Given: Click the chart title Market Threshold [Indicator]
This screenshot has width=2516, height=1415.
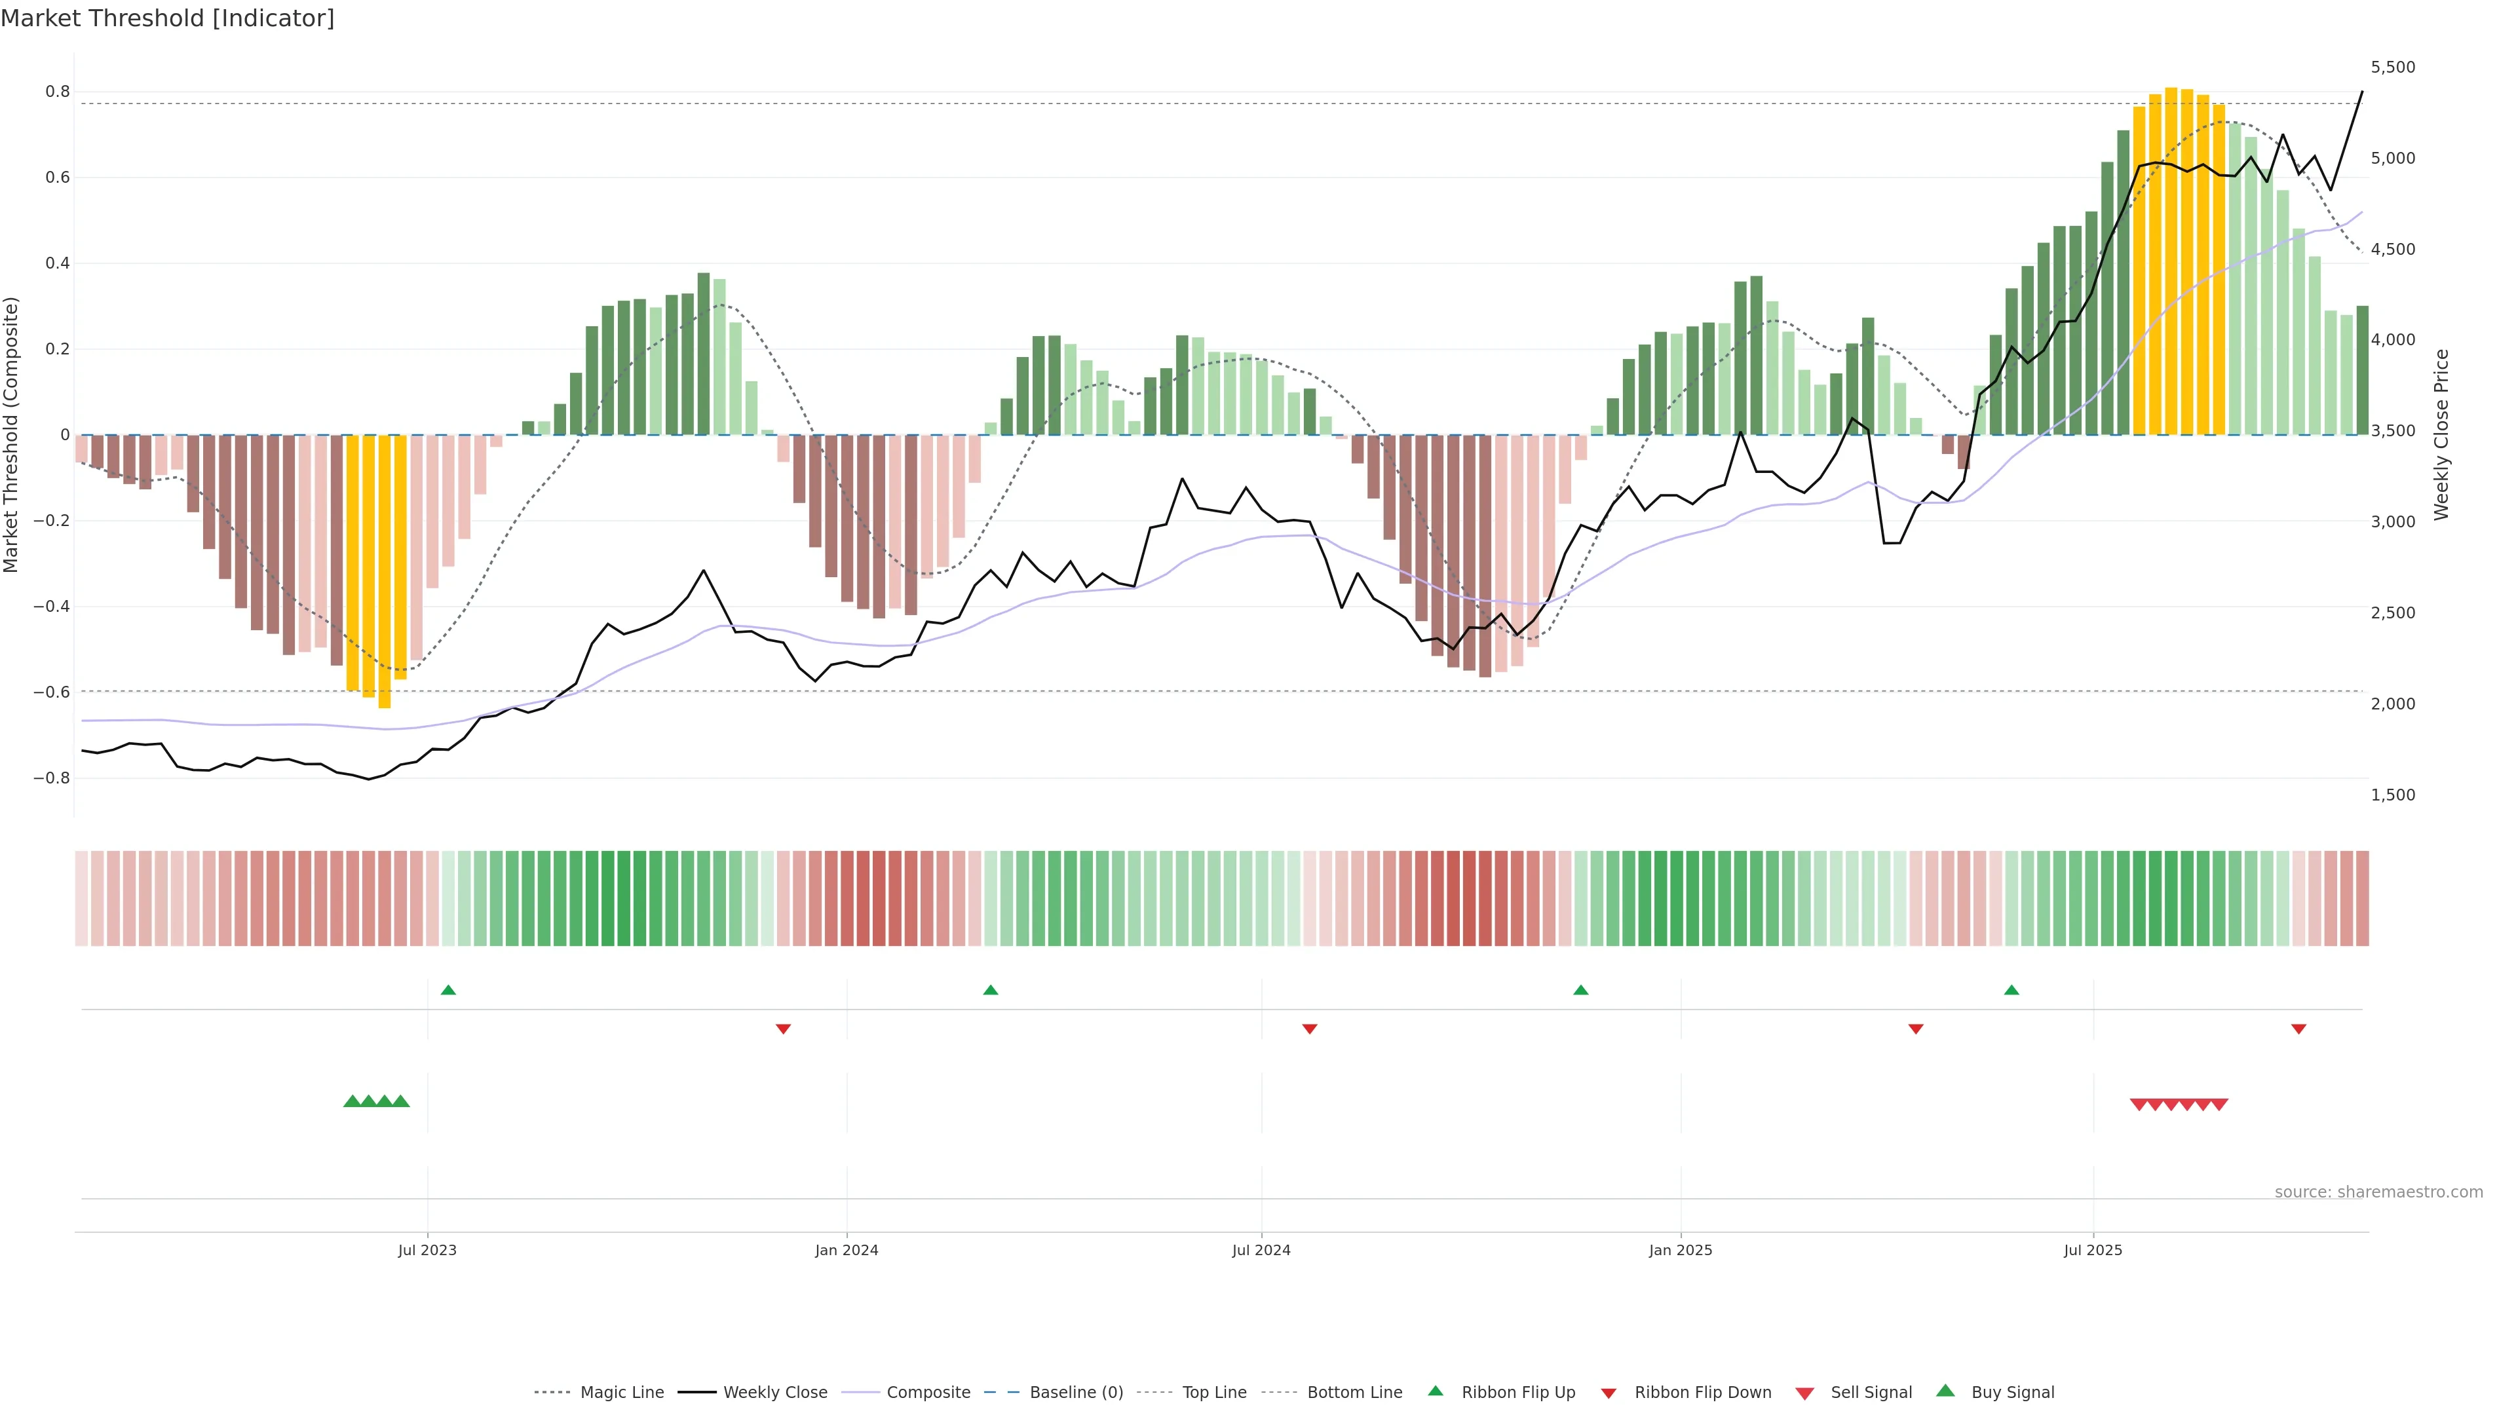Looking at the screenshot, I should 167,18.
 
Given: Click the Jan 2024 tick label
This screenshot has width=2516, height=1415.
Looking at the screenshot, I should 847,1250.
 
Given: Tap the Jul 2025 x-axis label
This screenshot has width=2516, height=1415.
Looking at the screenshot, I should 2093,1250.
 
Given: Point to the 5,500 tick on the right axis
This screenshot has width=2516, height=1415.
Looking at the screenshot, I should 2393,67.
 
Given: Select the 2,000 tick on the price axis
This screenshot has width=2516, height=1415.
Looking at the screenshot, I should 2393,704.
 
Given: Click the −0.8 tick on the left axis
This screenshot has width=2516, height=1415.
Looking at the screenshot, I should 51,778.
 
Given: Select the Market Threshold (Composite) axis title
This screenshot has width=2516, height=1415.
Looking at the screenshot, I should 12,434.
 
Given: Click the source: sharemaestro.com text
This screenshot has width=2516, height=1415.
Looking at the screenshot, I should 2378,1192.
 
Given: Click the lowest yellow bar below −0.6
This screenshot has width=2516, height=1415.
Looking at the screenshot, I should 385,571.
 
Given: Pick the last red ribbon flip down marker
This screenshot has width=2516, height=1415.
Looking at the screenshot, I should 2299,1029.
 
